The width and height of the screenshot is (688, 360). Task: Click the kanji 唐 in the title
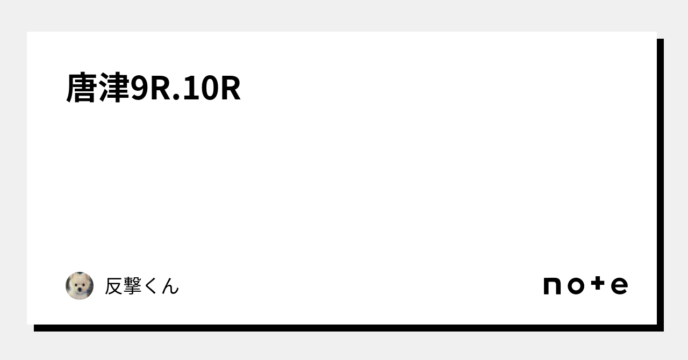[x=82, y=88]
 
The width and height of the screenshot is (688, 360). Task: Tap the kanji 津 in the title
[x=114, y=88]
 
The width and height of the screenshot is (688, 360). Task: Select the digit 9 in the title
[x=139, y=89]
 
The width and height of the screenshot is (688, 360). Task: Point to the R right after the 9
[x=160, y=89]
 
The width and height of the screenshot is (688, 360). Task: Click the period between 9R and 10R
[x=176, y=98]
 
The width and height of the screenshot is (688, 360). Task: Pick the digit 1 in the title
[x=189, y=89]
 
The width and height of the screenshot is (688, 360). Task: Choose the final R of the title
[x=230, y=89]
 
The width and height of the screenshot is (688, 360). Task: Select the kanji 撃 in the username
[x=133, y=286]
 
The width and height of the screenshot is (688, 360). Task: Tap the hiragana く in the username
[x=151, y=286]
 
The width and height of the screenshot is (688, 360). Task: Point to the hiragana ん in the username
[x=170, y=286]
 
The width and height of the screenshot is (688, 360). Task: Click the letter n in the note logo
[x=553, y=286]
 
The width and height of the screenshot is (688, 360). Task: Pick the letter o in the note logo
[x=575, y=286]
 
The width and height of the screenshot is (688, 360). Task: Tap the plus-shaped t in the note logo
[x=598, y=285]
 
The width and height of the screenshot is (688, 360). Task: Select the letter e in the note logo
[x=619, y=286]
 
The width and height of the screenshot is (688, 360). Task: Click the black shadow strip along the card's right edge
[x=660, y=183]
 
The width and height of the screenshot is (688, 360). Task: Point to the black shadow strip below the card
[x=344, y=328]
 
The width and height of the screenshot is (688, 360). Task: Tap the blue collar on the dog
[x=80, y=296]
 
